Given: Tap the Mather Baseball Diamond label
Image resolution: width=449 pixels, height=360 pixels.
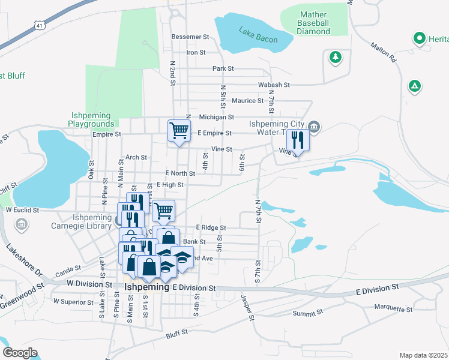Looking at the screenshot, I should (313, 22).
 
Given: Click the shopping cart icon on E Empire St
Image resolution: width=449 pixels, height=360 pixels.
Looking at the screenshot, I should (179, 130).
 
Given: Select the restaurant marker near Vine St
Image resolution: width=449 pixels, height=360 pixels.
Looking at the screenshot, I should (298, 140).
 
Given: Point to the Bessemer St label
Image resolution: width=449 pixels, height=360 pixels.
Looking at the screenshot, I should (189, 37).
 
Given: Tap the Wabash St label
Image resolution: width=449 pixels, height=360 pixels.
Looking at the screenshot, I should (274, 85).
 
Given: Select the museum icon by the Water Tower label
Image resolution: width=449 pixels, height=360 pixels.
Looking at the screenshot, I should (315, 127).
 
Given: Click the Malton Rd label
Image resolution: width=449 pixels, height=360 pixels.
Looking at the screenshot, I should (384, 53).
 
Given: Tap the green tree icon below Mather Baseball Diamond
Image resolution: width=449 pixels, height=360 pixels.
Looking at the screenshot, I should (335, 58).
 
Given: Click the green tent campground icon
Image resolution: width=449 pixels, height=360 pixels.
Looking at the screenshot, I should (414, 86).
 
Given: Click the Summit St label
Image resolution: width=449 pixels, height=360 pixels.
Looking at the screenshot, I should (308, 313).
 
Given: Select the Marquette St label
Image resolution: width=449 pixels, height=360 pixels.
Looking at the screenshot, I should (393, 310).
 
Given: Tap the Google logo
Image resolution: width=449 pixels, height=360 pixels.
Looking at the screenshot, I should (20, 353).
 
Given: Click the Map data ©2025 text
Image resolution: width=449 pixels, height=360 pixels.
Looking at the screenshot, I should (423, 355).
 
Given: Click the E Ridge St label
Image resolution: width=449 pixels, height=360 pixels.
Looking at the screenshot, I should (211, 228).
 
